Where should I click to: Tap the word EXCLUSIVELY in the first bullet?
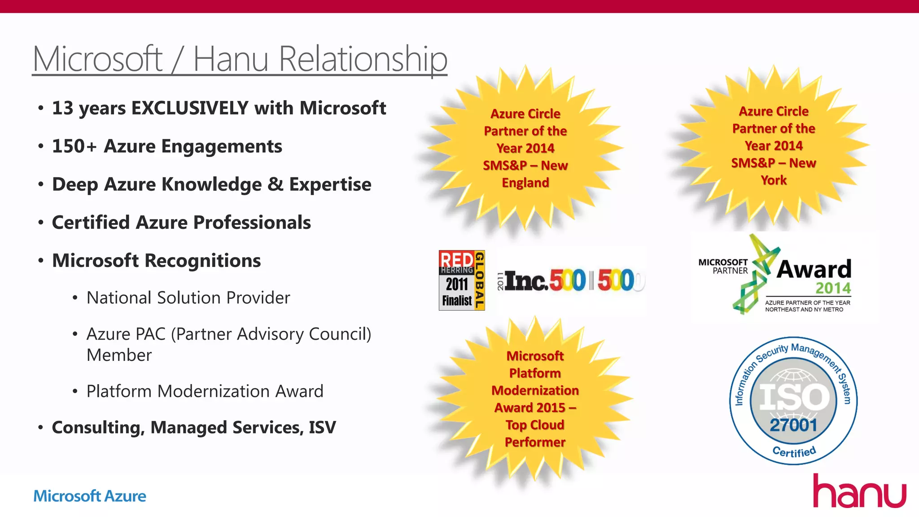(190, 108)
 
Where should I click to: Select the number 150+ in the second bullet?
(74, 146)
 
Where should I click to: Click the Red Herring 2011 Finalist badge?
(461, 280)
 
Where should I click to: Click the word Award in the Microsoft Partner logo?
(814, 269)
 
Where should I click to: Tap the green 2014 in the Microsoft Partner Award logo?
(833, 288)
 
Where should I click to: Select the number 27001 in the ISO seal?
(793, 425)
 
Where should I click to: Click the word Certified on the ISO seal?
(794, 452)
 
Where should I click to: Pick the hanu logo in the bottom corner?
(859, 492)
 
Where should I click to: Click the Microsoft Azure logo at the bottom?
(90, 496)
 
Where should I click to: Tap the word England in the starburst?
(525, 183)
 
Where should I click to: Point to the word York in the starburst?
(774, 180)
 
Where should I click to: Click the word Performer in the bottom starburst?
(535, 442)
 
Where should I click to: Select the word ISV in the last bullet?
(322, 427)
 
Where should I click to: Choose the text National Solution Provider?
(188, 298)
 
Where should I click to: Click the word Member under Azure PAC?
(119, 355)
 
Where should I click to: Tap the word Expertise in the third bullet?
(330, 184)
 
